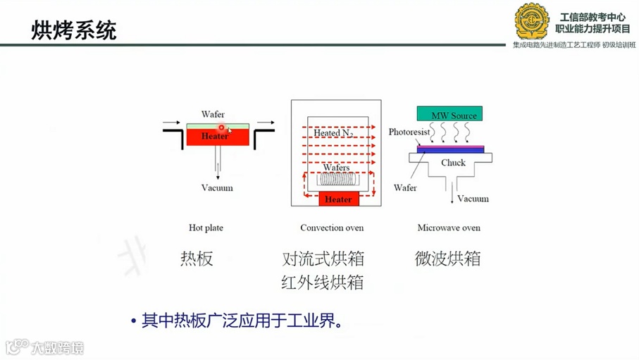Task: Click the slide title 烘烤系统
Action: [73, 30]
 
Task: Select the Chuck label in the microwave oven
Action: [453, 163]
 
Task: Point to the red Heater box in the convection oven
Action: [337, 199]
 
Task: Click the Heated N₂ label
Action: [333, 132]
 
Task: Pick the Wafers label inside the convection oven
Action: [336, 168]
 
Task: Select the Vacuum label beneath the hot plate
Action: [216, 188]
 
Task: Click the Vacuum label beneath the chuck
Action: [473, 199]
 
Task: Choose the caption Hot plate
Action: [206, 228]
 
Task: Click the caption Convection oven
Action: [332, 228]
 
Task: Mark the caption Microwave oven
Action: [449, 228]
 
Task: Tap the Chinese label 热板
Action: [197, 259]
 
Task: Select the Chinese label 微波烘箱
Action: [447, 259]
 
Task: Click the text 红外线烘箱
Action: [323, 283]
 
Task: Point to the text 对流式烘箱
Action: [323, 259]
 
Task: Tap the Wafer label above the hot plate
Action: [213, 114]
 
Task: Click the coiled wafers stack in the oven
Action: [337, 180]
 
